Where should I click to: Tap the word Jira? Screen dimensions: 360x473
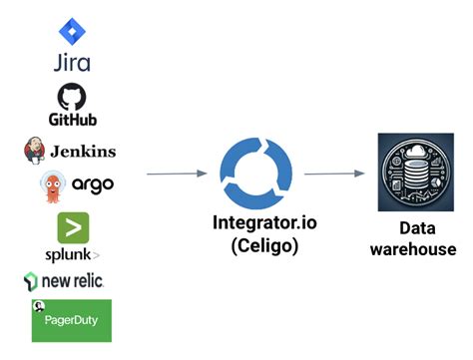click(72, 63)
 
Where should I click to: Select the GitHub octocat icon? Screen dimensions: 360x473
click(73, 95)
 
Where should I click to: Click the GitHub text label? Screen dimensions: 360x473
click(73, 120)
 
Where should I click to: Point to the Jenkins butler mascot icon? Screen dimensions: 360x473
click(34, 151)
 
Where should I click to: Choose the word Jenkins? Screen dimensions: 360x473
click(83, 152)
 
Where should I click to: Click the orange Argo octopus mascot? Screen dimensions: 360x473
click(52, 185)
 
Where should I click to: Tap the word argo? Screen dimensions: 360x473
click(92, 185)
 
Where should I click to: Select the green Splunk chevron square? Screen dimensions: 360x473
click(73, 227)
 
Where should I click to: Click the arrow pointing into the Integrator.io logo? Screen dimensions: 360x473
click(179, 175)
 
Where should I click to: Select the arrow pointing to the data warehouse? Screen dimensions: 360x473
click(333, 175)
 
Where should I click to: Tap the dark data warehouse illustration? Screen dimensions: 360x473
click(408, 172)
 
